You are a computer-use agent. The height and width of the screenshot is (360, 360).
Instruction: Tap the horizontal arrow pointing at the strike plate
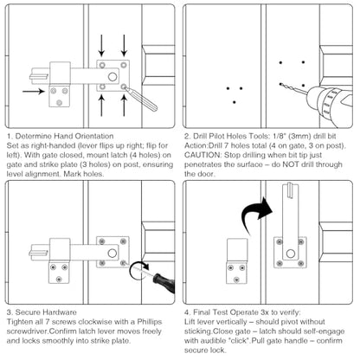34,92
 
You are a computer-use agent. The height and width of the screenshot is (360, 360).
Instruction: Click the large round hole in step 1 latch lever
112,77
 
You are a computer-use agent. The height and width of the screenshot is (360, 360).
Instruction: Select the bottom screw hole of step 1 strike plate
60,103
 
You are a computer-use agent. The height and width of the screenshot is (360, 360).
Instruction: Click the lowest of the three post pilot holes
235,102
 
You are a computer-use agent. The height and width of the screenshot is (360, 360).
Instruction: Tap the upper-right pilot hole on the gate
303,62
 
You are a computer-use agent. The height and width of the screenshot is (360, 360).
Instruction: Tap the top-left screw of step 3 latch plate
101,241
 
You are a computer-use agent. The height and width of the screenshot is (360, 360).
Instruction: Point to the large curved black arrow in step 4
256,213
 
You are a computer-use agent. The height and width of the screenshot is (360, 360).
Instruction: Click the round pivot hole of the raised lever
290,254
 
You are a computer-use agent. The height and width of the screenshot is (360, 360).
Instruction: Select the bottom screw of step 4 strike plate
236,280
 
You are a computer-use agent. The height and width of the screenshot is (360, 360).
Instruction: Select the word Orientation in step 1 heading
94,136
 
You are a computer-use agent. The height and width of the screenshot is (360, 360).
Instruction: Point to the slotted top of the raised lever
290,190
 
